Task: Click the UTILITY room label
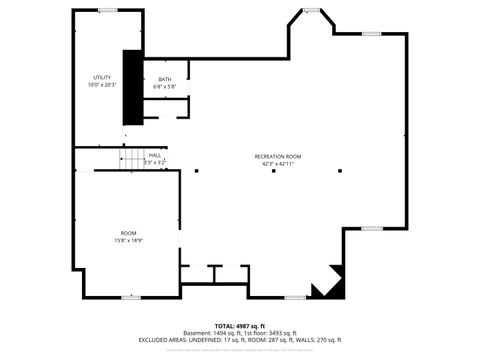(101, 77)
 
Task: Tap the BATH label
(165, 79)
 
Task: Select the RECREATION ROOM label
(277, 157)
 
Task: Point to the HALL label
(155, 155)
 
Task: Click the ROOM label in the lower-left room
(128, 233)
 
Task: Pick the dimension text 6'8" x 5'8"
(165, 87)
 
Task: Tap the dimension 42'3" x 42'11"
(277, 164)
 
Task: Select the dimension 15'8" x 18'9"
(128, 241)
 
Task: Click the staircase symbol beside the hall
(132, 158)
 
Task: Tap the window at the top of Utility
(105, 10)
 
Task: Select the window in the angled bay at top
(312, 11)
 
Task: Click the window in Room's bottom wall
(131, 297)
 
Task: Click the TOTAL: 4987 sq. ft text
(240, 326)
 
